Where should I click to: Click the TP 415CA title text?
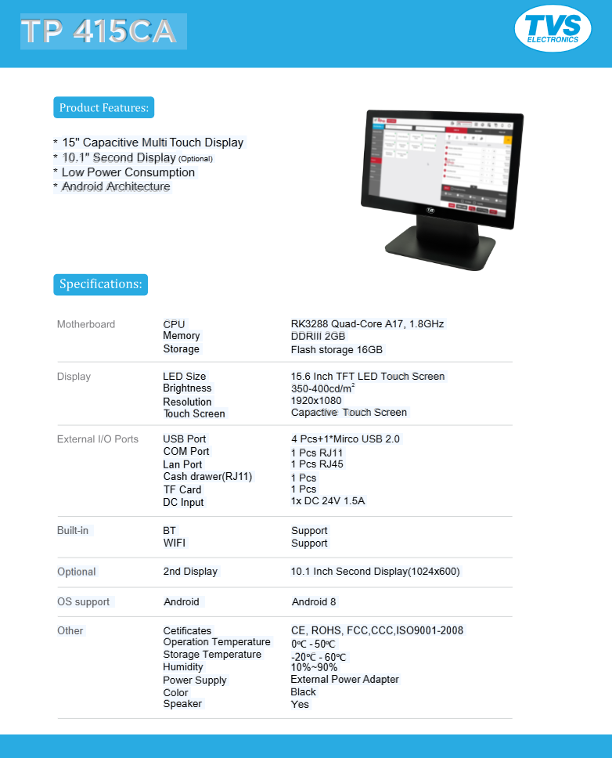[x=103, y=31]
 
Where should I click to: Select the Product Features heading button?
[x=103, y=107]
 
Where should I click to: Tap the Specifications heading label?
[x=100, y=284]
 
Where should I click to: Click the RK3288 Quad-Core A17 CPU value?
[x=367, y=323]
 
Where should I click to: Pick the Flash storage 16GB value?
[x=337, y=350]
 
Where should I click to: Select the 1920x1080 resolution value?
[x=316, y=401]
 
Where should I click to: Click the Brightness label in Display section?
[x=187, y=388]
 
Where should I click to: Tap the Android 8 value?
[x=314, y=602]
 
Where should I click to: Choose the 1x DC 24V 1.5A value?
[x=328, y=501]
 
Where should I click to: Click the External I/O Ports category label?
[x=97, y=439]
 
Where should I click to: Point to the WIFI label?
[x=175, y=543]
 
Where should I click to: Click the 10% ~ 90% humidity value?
[x=314, y=667]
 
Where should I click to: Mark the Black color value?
[x=303, y=692]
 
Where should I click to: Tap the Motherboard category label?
[x=85, y=324]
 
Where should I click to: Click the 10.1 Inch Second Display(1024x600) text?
[x=375, y=572]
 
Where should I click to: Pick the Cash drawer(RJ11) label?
[x=207, y=477]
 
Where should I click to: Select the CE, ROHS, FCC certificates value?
[x=376, y=630]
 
